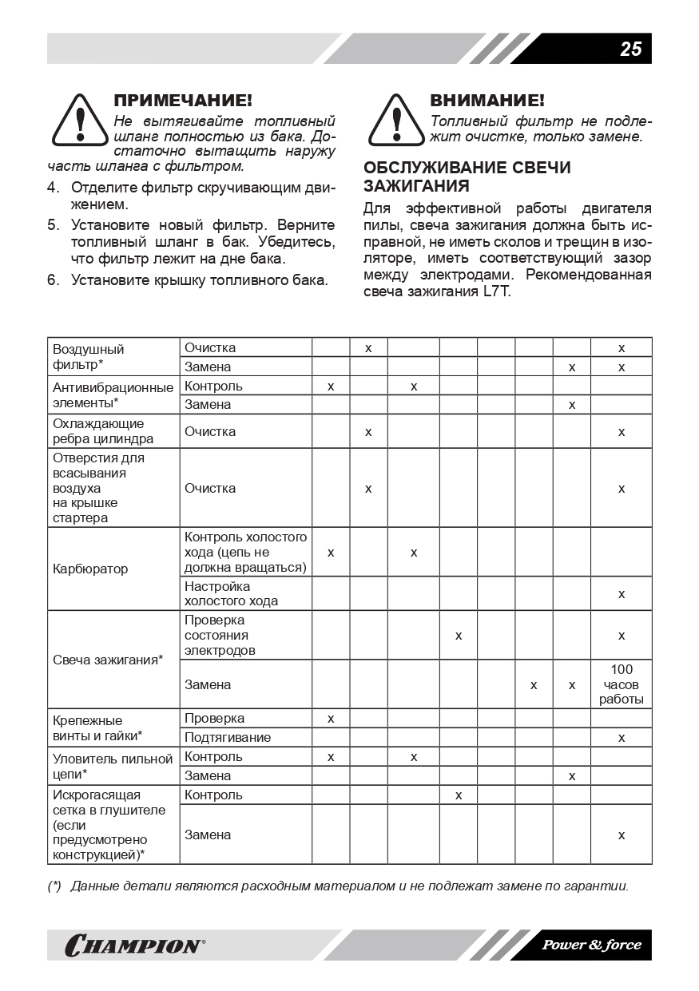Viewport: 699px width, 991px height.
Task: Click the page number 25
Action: pos(630,49)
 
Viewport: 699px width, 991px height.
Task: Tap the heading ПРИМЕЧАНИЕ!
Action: pos(183,101)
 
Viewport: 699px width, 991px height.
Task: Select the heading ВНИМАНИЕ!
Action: pos(487,101)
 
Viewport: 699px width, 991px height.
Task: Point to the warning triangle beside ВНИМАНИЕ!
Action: pos(396,119)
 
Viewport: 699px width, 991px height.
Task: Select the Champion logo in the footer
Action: pos(134,945)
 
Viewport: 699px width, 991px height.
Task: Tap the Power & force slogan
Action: pos(591,945)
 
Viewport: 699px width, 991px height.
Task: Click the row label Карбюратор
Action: pos(90,569)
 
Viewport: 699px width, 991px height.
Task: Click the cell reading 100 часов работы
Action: pos(621,684)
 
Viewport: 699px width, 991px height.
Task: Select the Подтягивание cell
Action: pos(228,737)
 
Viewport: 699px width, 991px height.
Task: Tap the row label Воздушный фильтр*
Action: pos(89,356)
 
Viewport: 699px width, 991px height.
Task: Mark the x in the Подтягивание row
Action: pos(621,737)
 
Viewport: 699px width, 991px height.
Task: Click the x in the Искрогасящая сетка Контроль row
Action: pos(458,795)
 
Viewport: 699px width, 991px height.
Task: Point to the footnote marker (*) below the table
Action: pos(54,886)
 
